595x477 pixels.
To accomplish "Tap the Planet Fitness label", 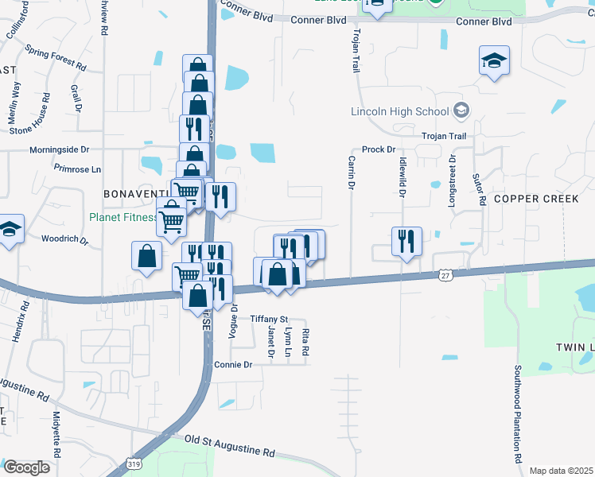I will click(123, 216).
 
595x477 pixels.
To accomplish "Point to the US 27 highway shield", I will click(445, 274).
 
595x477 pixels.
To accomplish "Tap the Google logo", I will click(26, 467).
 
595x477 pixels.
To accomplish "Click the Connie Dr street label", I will click(233, 364).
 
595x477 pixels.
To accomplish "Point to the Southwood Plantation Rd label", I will click(517, 413).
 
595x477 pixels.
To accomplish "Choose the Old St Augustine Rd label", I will click(229, 444).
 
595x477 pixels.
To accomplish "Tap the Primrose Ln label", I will click(77, 169).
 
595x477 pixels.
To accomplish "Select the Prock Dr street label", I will click(379, 149).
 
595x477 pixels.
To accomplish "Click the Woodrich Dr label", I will click(64, 238).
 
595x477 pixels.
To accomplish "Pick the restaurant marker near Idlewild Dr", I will click(406, 241).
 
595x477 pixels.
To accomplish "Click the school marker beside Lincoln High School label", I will click(462, 111).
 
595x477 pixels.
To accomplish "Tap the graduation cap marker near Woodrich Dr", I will click(10, 231).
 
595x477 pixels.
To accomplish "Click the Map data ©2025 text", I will click(562, 471).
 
